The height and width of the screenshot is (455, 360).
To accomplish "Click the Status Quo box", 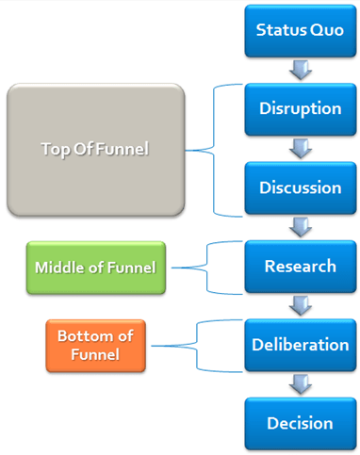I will click(x=300, y=29).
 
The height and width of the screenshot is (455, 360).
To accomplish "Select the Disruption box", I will click(x=300, y=107).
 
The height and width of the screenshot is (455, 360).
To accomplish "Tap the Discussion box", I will click(x=300, y=187).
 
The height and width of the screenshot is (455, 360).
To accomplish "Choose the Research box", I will click(x=300, y=266).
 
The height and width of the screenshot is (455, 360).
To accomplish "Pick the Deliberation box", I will click(x=300, y=345).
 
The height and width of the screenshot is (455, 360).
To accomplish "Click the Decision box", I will click(x=300, y=423).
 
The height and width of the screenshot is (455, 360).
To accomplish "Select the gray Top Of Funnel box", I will click(x=93, y=148).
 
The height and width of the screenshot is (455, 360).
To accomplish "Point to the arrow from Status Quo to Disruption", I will click(x=300, y=69).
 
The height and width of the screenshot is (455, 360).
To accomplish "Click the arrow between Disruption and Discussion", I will click(x=300, y=147).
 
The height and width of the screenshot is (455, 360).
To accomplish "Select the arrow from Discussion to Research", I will click(x=300, y=226).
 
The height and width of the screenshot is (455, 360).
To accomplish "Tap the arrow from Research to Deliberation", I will click(x=300, y=305).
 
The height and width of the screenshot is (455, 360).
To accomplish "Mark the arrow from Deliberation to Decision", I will click(x=300, y=384).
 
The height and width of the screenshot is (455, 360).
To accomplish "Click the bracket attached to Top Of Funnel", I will click(x=215, y=148).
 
